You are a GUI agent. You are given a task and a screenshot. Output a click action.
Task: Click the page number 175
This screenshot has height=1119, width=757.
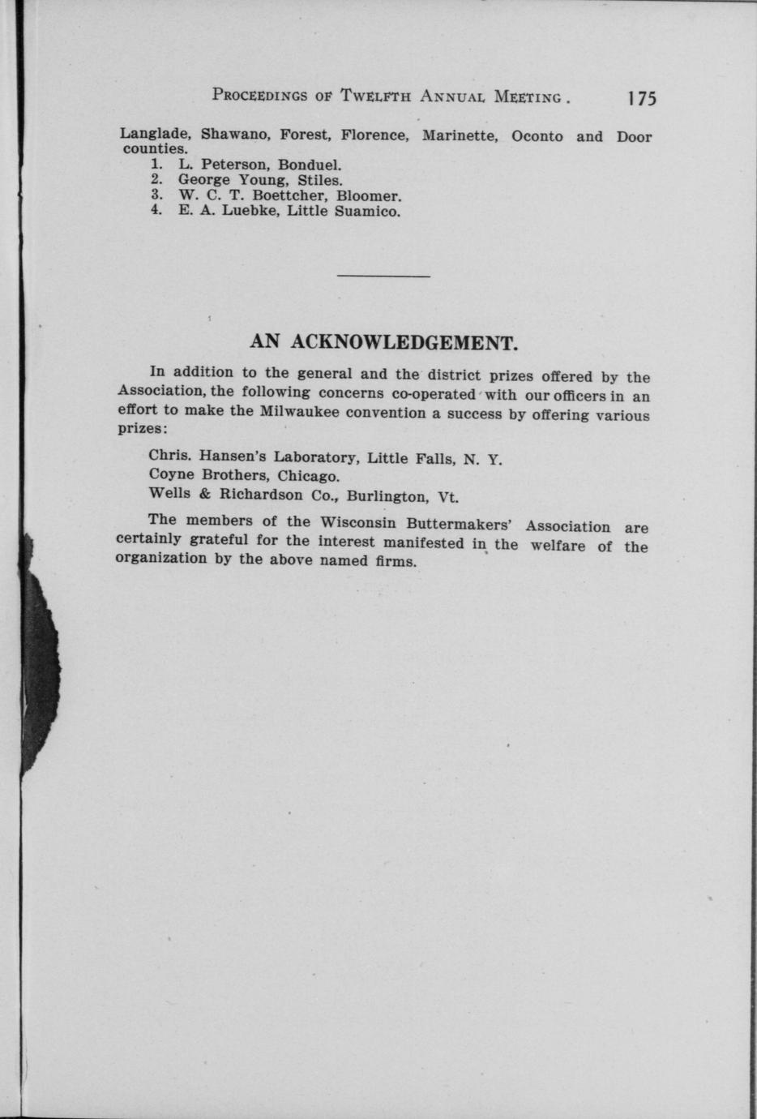point(640,99)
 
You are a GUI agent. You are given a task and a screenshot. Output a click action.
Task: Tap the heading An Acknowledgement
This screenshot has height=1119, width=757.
point(383,342)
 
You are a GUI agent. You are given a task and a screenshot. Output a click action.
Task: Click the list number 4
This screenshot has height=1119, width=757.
point(156,211)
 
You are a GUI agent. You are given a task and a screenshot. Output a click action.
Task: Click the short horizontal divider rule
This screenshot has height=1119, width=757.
point(383,277)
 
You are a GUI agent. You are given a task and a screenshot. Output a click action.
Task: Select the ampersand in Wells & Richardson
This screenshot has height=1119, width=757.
point(204,493)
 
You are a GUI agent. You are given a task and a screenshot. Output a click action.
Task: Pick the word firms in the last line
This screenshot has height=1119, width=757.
point(397,561)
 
